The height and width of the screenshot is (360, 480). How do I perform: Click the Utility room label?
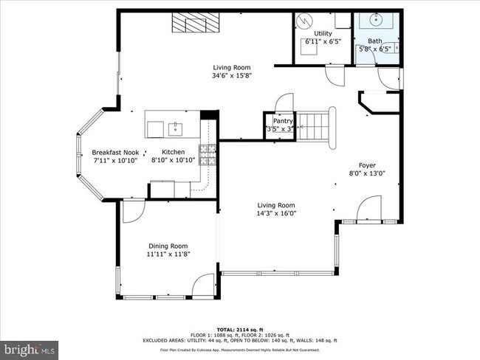323,33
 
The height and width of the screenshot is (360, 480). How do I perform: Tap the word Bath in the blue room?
375,41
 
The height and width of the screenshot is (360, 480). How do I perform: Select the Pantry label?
283,121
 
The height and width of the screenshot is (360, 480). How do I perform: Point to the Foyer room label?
367,165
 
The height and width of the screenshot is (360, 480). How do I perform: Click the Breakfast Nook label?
115,153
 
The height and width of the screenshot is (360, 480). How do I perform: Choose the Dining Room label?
168,246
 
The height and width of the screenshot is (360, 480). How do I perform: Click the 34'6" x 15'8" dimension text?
233,75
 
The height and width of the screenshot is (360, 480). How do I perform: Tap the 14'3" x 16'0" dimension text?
276,214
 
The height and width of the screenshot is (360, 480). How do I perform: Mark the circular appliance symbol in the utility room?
304,21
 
